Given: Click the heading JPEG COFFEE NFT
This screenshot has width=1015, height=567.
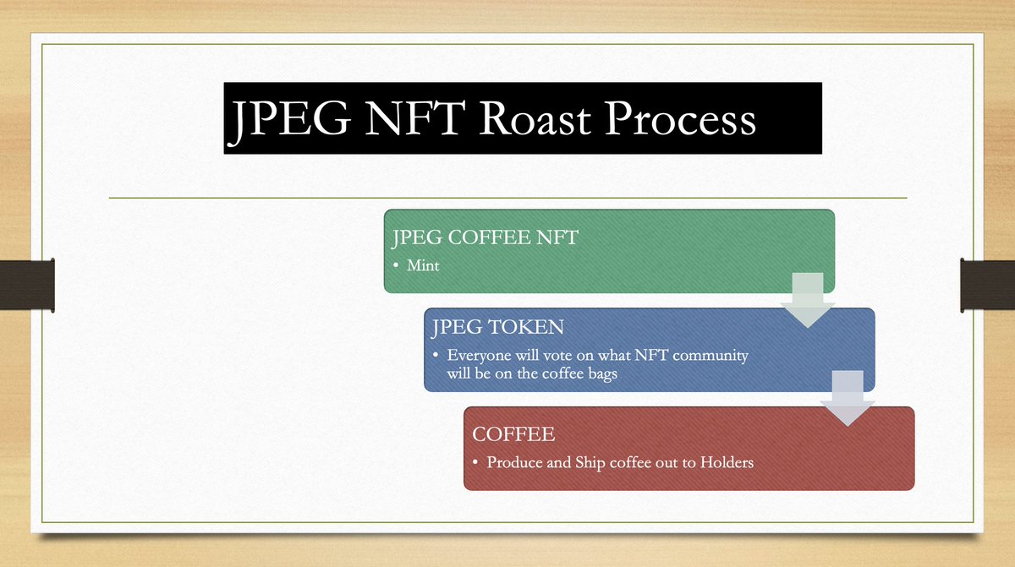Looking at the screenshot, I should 485,237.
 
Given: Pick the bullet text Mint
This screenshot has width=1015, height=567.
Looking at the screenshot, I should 423,265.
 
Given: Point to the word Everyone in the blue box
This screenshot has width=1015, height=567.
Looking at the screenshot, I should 480,356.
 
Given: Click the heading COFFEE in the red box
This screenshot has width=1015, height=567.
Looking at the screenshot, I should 513,434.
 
